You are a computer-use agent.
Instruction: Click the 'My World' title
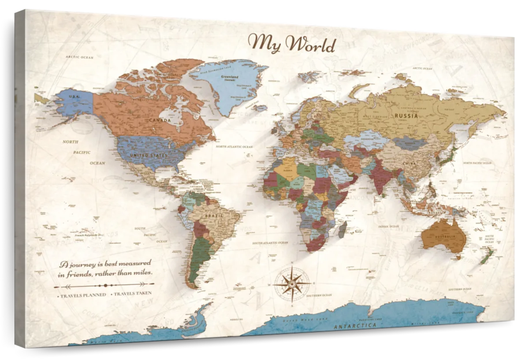tap(292, 44)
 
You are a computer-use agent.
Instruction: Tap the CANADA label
tap(160, 120)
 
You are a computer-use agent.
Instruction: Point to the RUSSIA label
tap(406, 116)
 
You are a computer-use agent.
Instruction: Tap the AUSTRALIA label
tap(445, 238)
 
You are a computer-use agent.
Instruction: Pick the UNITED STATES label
tap(148, 156)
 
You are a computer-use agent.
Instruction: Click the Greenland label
tap(230, 76)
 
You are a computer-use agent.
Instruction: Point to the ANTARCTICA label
tap(355, 326)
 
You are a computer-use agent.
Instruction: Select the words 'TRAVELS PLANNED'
tap(83, 295)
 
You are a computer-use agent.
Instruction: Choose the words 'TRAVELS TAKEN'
tap(133, 293)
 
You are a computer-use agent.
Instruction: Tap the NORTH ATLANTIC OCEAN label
tap(234, 146)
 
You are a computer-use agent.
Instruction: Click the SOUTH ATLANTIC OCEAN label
tap(270, 243)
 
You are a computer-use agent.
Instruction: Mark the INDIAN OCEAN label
tap(388, 226)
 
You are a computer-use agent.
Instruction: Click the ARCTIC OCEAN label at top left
tap(80, 57)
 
